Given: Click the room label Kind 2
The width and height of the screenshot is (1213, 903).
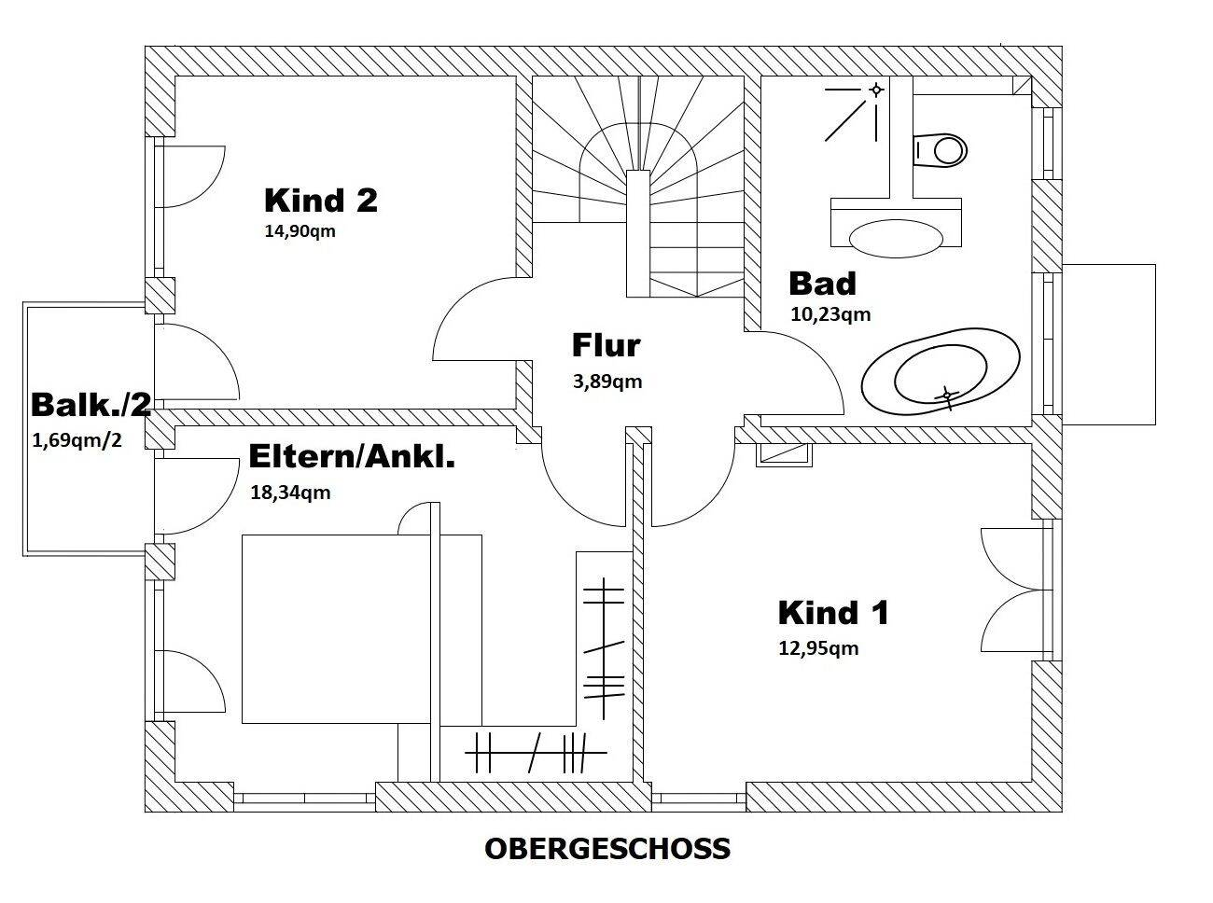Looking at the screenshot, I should pyautogui.click(x=320, y=201).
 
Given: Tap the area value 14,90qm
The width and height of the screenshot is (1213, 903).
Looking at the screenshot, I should pyautogui.click(x=300, y=231).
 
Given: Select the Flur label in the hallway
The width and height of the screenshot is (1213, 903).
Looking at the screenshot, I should pyautogui.click(x=606, y=345).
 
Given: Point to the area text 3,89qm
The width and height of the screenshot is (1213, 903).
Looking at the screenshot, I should pyautogui.click(x=607, y=381).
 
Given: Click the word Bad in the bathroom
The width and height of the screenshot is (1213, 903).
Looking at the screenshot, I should pyautogui.click(x=822, y=283).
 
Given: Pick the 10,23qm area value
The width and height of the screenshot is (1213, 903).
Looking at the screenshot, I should pyautogui.click(x=830, y=314).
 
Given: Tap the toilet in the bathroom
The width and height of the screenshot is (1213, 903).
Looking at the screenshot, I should pyautogui.click(x=941, y=149).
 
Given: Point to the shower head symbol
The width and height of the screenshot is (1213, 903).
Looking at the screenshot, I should pyautogui.click(x=875, y=90).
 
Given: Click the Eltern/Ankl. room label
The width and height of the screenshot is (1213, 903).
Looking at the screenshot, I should pyautogui.click(x=352, y=456).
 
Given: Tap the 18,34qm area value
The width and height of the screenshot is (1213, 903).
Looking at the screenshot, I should pyautogui.click(x=290, y=493).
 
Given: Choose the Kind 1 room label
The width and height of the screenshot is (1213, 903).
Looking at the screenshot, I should pyautogui.click(x=833, y=613).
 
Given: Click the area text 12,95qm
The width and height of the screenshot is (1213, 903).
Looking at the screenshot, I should pyautogui.click(x=818, y=647).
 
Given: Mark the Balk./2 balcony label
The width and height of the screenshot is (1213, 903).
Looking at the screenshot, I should pyautogui.click(x=91, y=405).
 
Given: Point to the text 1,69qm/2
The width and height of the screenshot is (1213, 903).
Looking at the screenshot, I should pyautogui.click(x=77, y=439).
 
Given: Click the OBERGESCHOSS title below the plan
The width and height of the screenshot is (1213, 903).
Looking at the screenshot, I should pyautogui.click(x=607, y=849).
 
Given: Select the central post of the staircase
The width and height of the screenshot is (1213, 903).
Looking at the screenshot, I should pyautogui.click(x=638, y=233).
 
